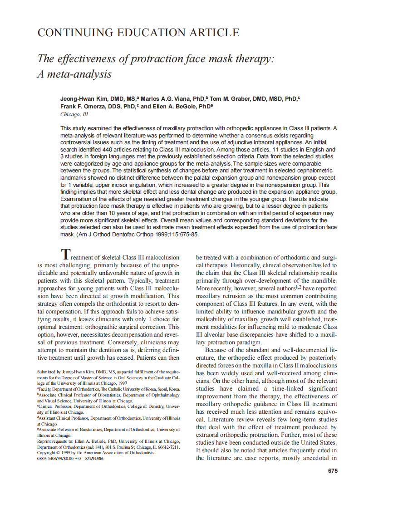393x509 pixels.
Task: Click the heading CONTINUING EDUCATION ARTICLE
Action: [x=138, y=33]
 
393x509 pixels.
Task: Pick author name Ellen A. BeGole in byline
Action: [x=175, y=107]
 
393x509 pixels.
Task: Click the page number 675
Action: [x=333, y=471]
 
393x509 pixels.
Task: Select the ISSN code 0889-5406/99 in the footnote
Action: [x=52, y=459]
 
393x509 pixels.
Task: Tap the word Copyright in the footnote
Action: [x=47, y=453]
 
